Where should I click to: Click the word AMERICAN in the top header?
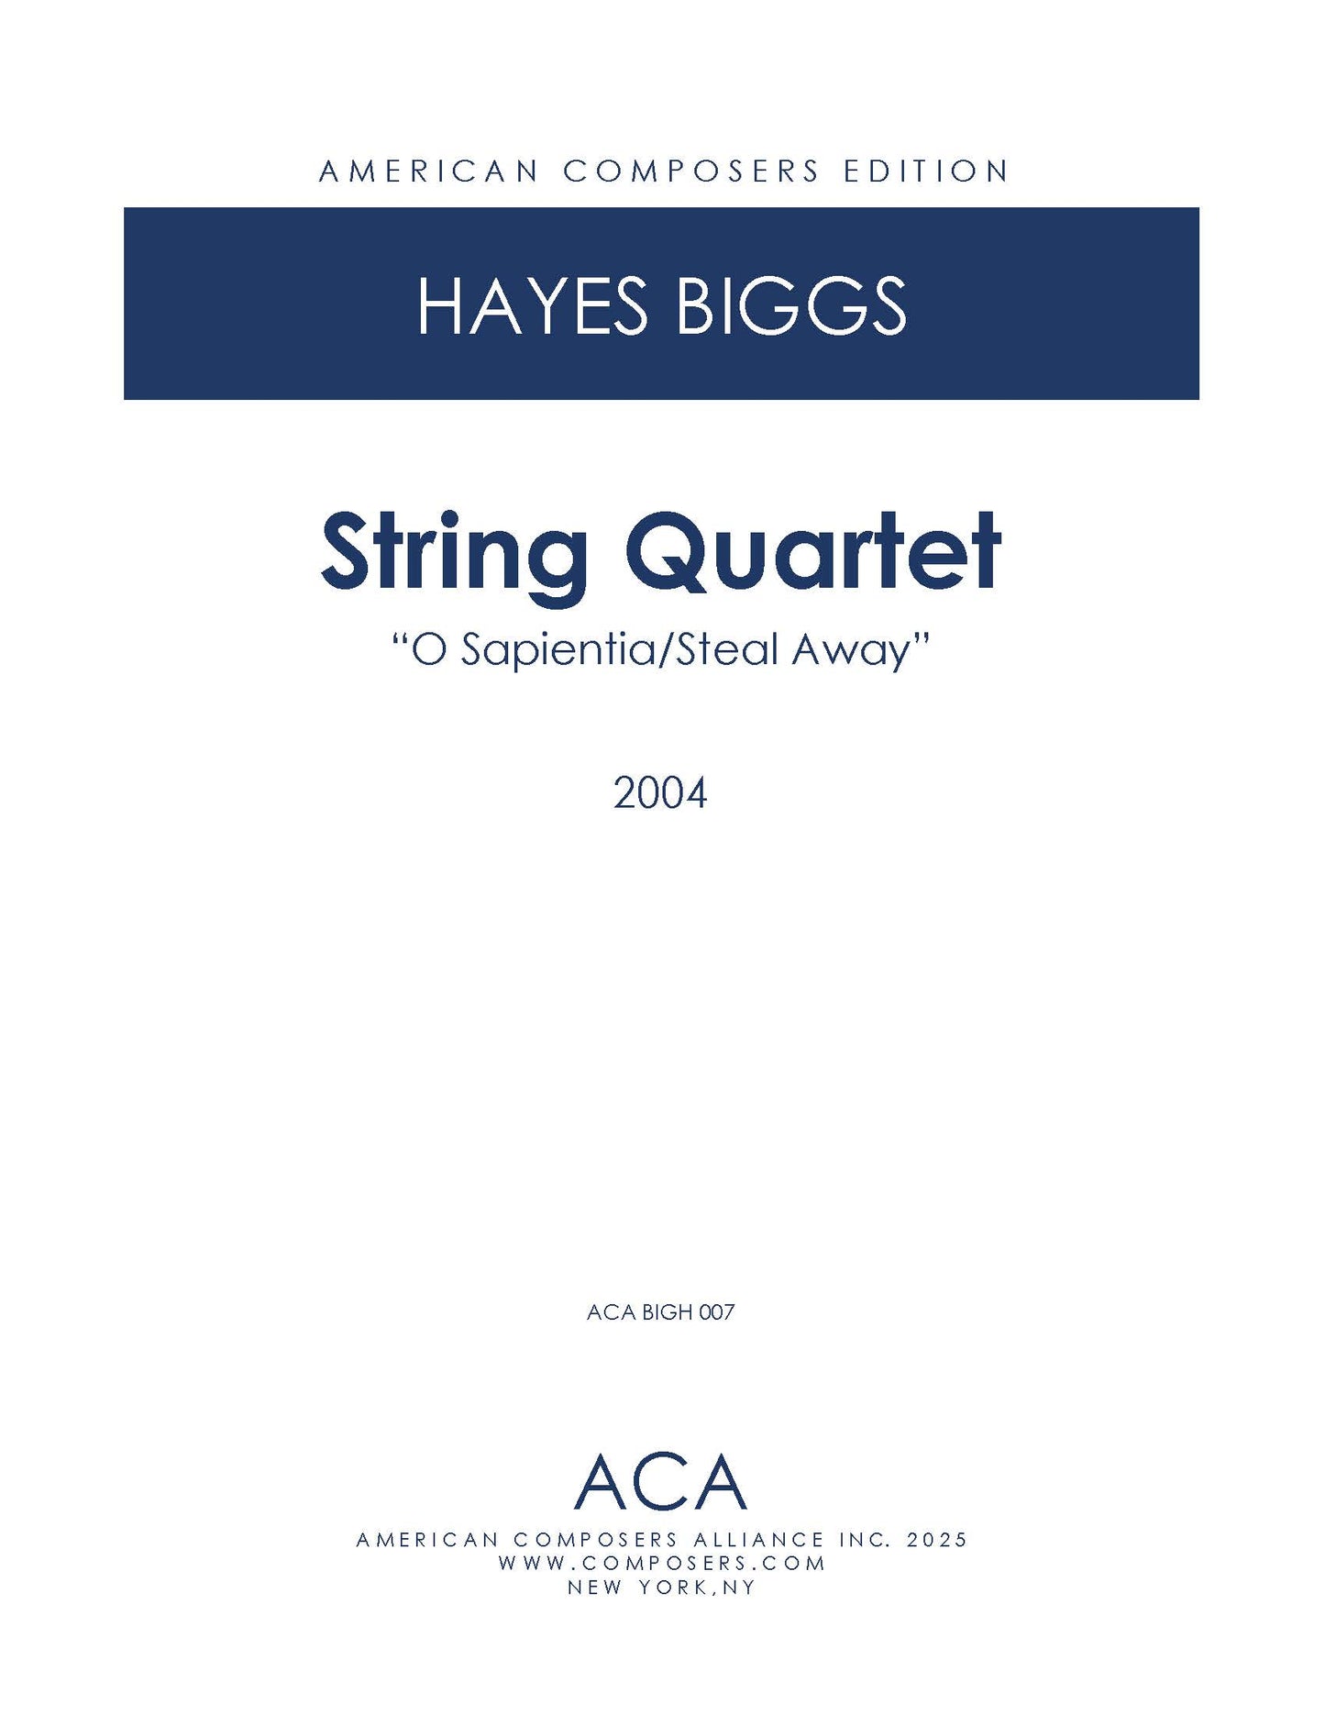point(428,171)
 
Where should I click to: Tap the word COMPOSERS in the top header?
point(691,171)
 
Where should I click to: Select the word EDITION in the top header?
point(926,171)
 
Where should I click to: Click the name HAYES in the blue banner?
point(533,305)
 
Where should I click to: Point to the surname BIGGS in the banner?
point(791,305)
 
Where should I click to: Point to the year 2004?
point(660,793)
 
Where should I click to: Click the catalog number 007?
point(716,1312)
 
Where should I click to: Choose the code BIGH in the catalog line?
point(667,1312)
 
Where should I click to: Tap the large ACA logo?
point(660,1483)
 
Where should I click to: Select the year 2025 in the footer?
point(936,1540)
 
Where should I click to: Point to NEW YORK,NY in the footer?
point(661,1588)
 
